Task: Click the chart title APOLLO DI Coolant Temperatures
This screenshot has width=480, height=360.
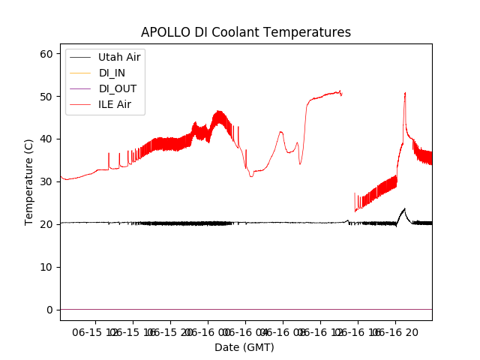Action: click(246, 32)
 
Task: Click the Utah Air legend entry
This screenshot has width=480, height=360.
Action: click(118, 56)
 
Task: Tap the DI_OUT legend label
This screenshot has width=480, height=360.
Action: click(117, 88)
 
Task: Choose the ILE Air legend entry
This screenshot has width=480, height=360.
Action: click(115, 104)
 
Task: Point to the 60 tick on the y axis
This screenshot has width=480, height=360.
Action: click(46, 54)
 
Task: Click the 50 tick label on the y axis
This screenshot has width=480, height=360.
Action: click(46, 97)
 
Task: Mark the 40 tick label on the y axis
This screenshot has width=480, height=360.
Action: click(46, 139)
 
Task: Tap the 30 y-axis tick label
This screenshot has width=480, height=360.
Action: click(46, 181)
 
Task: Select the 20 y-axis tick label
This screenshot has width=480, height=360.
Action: click(46, 224)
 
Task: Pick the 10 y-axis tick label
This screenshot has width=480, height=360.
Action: click(46, 267)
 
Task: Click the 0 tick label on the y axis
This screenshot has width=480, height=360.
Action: click(49, 310)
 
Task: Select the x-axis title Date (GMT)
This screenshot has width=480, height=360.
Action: click(244, 347)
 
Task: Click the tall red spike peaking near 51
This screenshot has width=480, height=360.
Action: click(405, 94)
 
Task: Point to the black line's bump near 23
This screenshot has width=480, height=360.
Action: click(404, 210)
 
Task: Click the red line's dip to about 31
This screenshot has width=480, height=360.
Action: click(251, 175)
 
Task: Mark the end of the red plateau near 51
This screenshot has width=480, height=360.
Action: click(341, 92)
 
